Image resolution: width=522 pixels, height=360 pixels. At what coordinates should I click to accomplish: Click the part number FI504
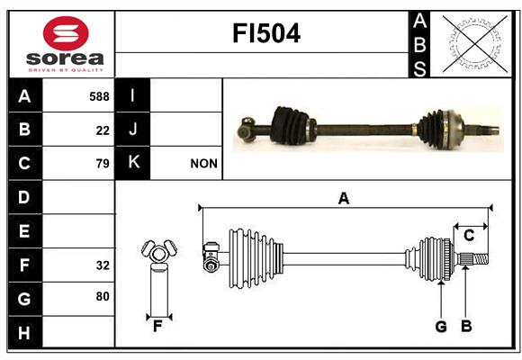(x=266, y=33)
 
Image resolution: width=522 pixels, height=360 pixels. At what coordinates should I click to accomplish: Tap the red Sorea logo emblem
(x=66, y=33)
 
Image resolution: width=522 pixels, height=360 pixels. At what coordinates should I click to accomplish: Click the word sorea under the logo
(x=65, y=58)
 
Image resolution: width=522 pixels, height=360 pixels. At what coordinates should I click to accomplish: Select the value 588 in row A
(x=99, y=96)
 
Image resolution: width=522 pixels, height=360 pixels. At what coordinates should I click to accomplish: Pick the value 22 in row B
(x=103, y=130)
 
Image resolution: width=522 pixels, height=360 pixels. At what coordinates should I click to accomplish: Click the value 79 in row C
(x=103, y=164)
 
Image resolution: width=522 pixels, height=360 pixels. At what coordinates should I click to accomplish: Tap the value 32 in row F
(x=103, y=265)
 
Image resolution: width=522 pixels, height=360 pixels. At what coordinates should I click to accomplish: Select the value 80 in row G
(x=103, y=296)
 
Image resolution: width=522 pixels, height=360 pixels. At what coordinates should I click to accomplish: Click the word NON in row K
(x=203, y=164)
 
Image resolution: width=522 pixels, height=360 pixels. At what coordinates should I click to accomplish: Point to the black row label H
(x=25, y=332)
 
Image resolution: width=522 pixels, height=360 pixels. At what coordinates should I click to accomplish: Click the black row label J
(x=132, y=130)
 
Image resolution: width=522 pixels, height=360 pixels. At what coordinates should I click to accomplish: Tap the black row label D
(x=25, y=197)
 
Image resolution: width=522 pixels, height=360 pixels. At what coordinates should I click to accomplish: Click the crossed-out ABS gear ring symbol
(x=475, y=44)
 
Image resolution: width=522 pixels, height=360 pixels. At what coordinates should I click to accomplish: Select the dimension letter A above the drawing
(x=344, y=199)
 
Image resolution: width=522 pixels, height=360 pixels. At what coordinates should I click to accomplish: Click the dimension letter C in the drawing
(x=469, y=236)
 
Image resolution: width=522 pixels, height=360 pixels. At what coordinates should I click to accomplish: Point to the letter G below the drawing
(x=441, y=327)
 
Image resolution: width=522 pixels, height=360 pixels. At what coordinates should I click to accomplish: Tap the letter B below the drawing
(x=466, y=326)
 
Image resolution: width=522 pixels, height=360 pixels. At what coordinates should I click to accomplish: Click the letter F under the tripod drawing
(x=157, y=327)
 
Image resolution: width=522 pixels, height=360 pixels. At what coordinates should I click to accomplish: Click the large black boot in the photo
(x=291, y=126)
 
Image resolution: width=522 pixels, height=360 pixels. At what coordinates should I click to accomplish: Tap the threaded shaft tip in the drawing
(x=481, y=259)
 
